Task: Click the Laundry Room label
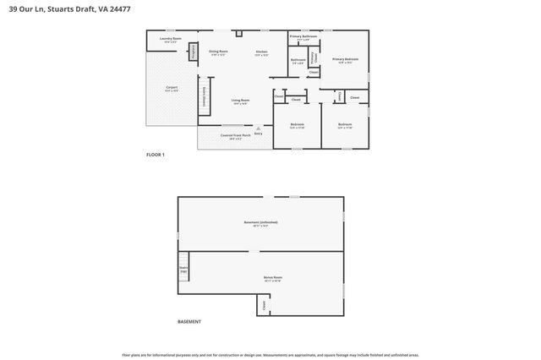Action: click(172, 40)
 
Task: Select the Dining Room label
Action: click(219, 53)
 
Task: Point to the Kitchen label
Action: click(262, 53)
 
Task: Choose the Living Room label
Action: click(241, 101)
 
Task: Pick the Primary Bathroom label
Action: click(303, 37)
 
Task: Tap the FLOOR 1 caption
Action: click(156, 155)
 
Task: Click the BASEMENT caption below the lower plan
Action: click(189, 322)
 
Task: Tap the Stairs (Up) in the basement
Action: click(183, 270)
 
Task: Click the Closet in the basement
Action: click(263, 305)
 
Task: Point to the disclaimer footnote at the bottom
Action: click(270, 355)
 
